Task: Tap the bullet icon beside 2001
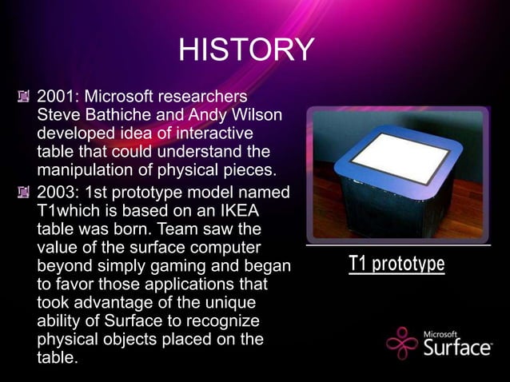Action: click(25, 98)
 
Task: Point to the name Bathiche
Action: click(115, 116)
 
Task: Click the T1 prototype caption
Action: click(396, 264)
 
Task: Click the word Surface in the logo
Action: click(457, 348)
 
